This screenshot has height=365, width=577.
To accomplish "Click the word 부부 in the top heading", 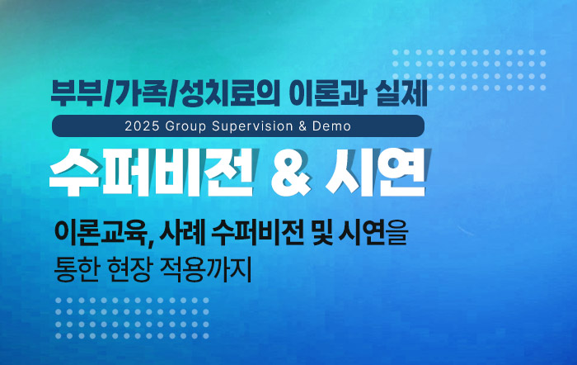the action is tap(77, 93).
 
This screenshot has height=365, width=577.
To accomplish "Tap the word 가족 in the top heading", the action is tap(139, 93).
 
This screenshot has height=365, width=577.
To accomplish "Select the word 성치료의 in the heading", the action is tap(228, 93).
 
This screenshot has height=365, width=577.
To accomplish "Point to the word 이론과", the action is tap(326, 93).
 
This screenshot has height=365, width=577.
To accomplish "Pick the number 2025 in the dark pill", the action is tap(142, 126).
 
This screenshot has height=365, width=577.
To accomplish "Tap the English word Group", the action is tap(185, 126).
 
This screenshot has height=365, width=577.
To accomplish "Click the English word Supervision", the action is tap(252, 126).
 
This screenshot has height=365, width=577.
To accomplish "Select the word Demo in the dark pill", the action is tap(331, 126).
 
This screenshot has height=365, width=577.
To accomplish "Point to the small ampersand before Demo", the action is tap(303, 126).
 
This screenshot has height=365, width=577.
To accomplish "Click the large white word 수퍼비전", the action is tap(152, 172).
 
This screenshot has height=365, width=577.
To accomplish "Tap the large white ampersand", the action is tap(291, 173).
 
